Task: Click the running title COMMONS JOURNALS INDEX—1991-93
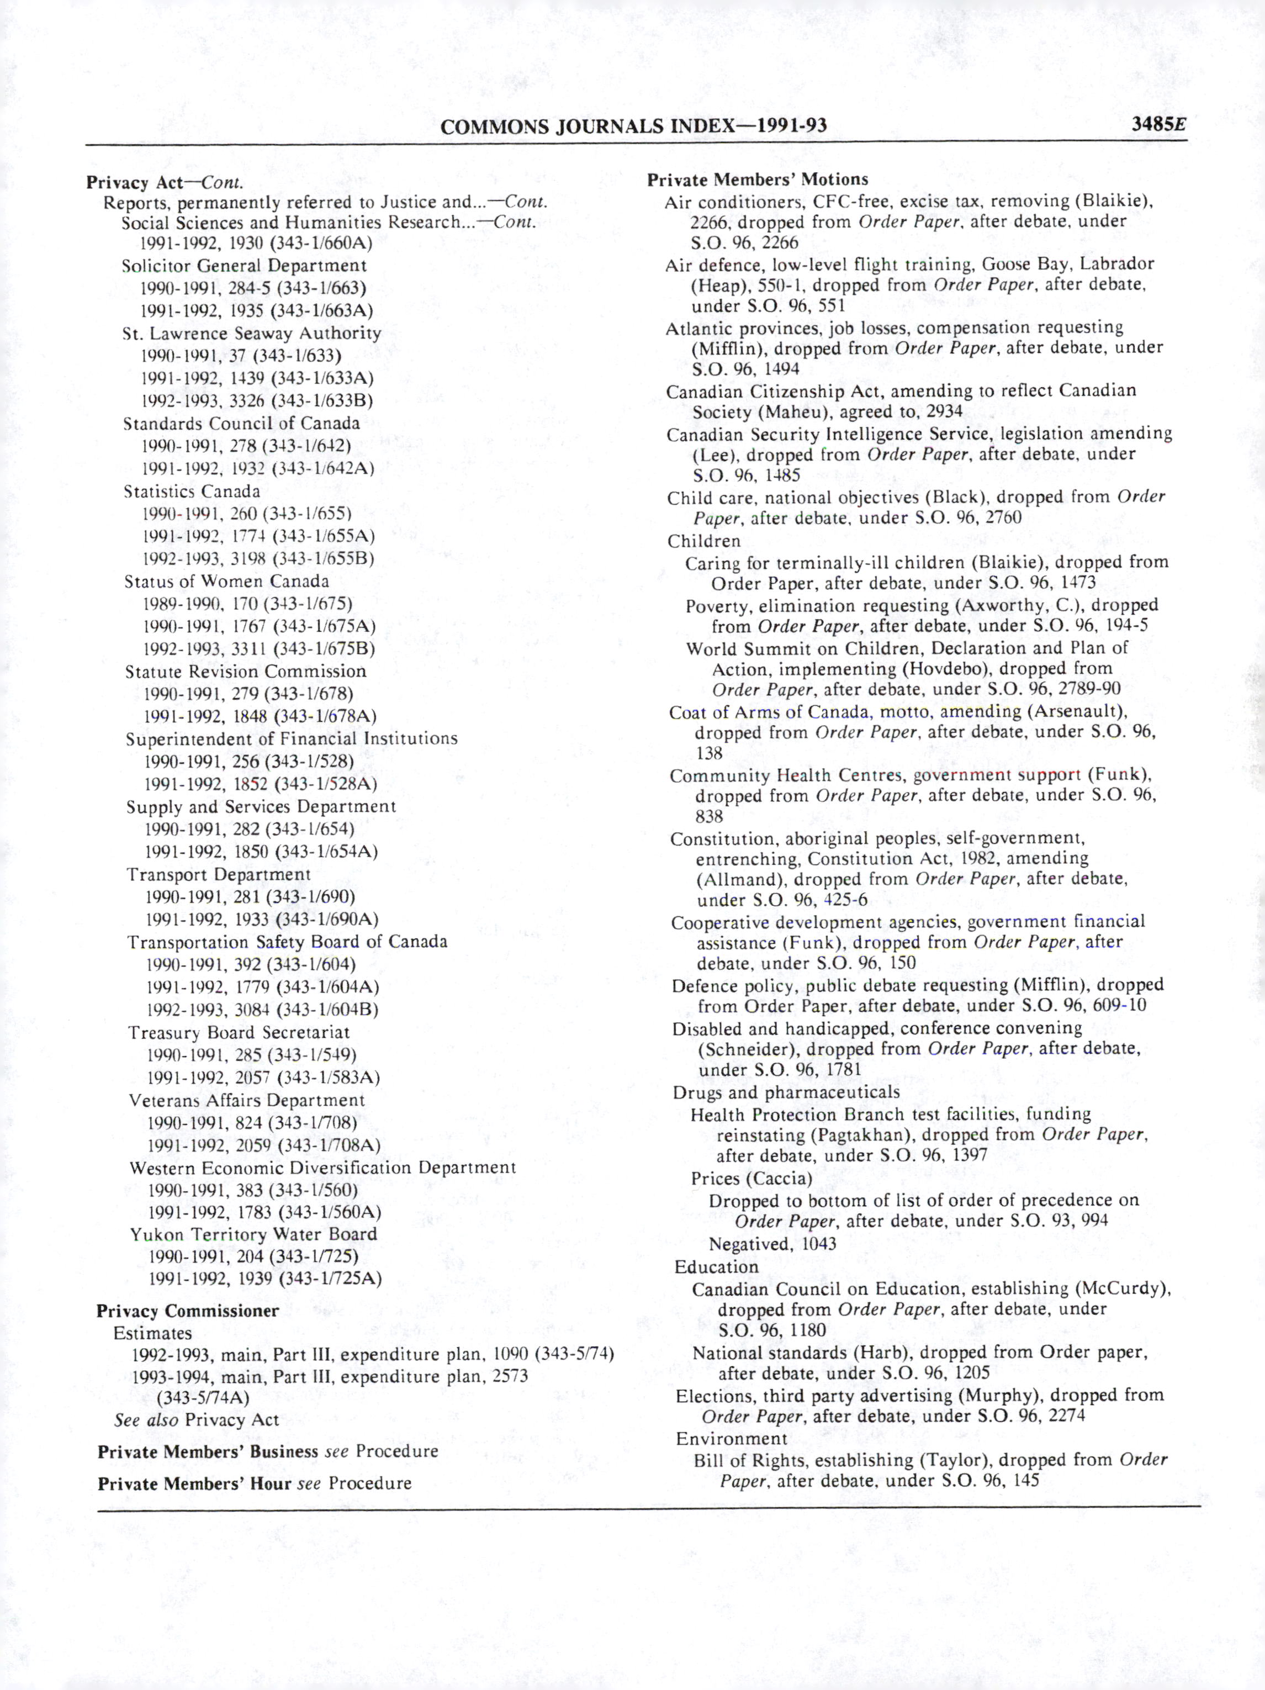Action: click(633, 126)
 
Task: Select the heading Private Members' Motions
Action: click(757, 179)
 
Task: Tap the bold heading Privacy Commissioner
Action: click(187, 1311)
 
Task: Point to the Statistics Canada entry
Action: click(192, 492)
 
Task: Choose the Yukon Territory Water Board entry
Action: click(253, 1235)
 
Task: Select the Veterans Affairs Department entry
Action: click(247, 1100)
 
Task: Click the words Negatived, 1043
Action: click(772, 1244)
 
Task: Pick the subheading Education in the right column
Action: click(716, 1267)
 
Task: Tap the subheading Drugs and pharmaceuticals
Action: click(786, 1092)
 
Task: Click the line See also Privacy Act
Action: click(197, 1419)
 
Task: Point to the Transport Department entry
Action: click(219, 874)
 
